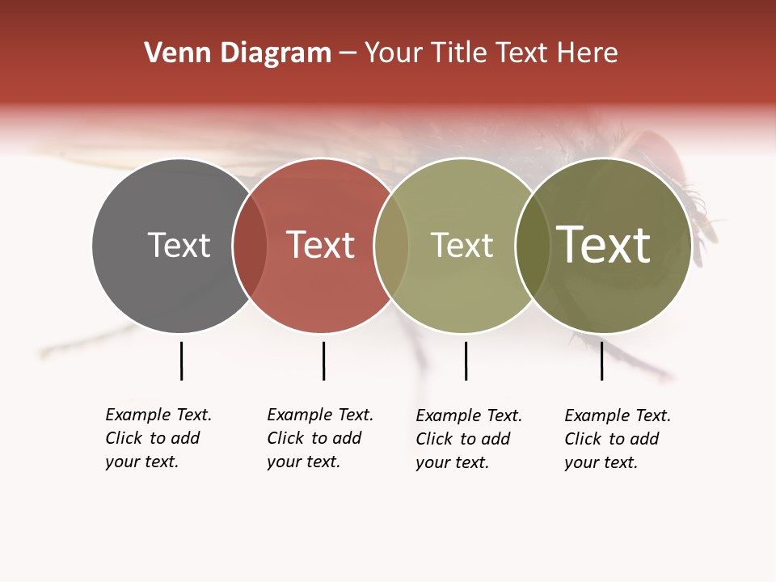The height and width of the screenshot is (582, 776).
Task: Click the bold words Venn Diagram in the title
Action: point(238,53)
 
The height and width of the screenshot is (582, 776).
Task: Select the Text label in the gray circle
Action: point(179,245)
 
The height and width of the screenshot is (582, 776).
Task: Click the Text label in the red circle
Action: point(321,245)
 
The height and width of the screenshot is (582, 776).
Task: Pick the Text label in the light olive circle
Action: point(462,245)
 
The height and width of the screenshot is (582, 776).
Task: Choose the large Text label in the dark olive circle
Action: point(604,245)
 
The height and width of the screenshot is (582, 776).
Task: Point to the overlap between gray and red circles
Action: point(250,245)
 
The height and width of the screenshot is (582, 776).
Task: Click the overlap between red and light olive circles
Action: point(392,245)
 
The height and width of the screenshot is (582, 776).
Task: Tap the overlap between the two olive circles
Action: point(533,245)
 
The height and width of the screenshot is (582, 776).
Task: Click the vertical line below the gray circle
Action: point(181,361)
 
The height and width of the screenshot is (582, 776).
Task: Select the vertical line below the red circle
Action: point(323,361)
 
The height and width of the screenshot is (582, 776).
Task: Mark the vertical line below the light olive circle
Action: point(466,361)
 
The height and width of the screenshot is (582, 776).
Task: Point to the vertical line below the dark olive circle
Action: point(601,361)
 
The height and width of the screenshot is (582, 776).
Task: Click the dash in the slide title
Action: point(348,53)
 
